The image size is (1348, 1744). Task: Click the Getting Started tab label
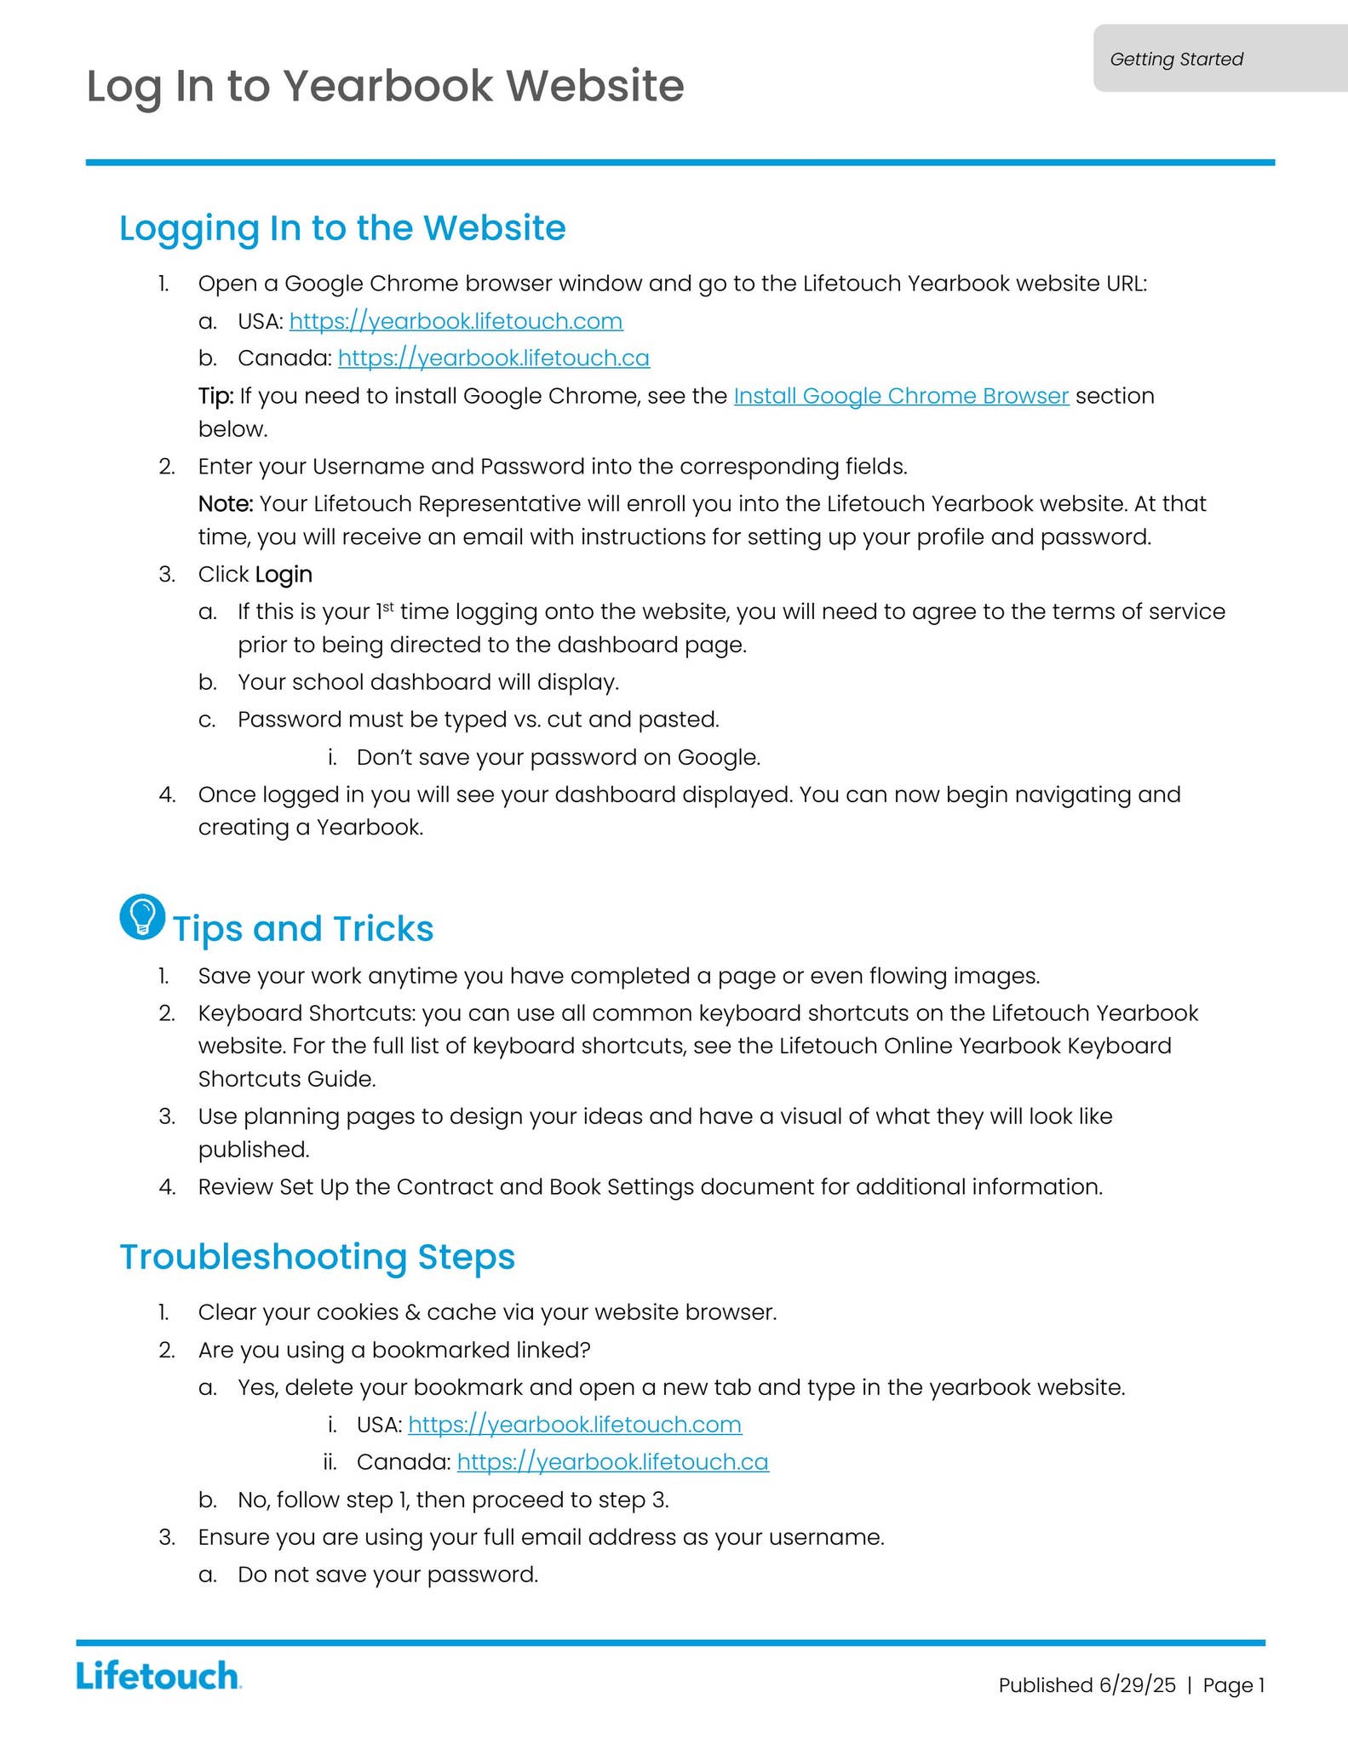click(1176, 59)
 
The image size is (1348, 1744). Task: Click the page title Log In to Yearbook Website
click(385, 86)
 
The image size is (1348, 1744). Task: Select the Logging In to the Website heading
click(342, 228)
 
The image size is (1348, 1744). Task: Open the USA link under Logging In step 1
click(456, 321)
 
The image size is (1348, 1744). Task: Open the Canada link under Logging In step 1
click(493, 359)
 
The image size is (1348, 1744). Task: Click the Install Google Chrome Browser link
click(901, 396)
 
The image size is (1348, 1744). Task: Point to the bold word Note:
click(226, 504)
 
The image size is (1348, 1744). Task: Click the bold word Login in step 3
click(284, 575)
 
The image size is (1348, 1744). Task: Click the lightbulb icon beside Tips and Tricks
click(142, 917)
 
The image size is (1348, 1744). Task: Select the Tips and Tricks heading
click(303, 929)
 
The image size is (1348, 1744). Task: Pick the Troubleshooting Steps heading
click(317, 1257)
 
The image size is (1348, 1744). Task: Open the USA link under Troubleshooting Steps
click(575, 1425)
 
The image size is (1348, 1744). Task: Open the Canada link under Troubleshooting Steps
click(612, 1462)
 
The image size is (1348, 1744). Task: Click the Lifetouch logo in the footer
click(158, 1675)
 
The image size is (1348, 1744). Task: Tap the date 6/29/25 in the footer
click(1137, 1685)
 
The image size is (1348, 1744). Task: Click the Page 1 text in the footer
click(1233, 1685)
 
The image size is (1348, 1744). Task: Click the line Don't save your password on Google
click(558, 758)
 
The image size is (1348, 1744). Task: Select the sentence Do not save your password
click(387, 1575)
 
